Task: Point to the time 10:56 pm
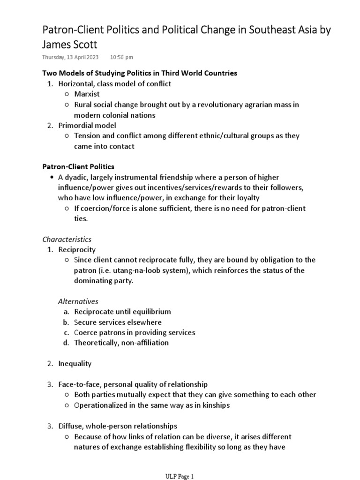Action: pyautogui.click(x=121, y=57)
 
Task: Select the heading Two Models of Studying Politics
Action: pyautogui.click(x=140, y=73)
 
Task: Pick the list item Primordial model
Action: pyautogui.click(x=87, y=125)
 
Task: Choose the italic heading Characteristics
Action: pyautogui.click(x=67, y=239)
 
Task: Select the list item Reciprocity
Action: pyautogui.click(x=76, y=249)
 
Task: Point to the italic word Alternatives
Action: pyautogui.click(x=78, y=301)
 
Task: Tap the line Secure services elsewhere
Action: pyautogui.click(x=117, y=322)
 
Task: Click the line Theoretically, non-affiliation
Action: pyautogui.click(x=121, y=343)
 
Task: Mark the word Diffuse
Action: pyautogui.click(x=71, y=426)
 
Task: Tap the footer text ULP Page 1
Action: pyautogui.click(x=180, y=476)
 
